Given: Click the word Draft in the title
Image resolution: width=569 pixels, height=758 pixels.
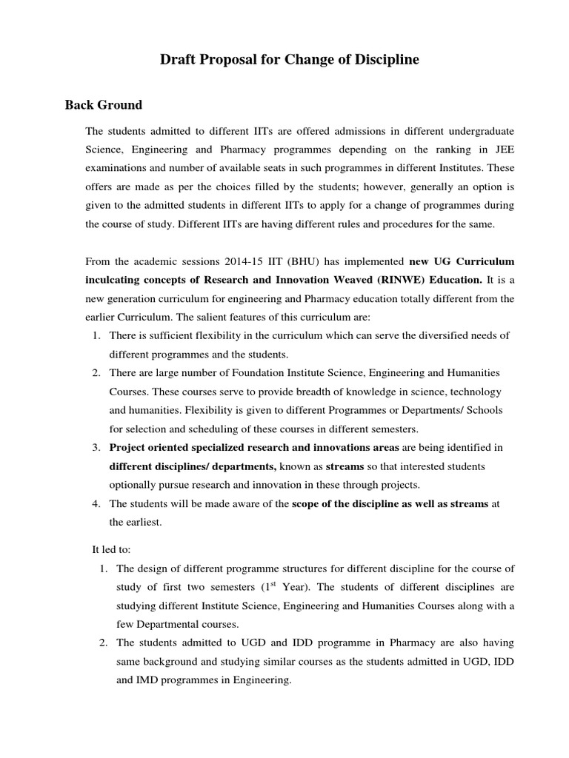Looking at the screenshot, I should point(178,60).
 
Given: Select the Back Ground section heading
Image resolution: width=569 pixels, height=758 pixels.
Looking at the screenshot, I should point(104,104).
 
